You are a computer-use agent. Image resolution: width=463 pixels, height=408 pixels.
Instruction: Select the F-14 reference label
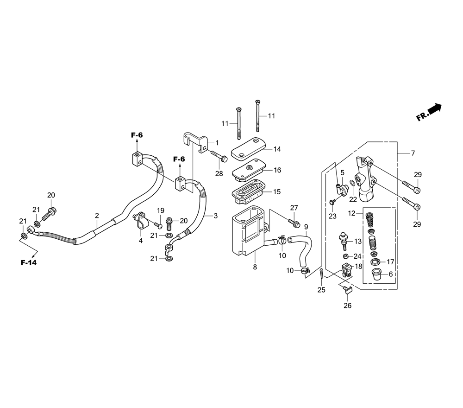coord(29,262)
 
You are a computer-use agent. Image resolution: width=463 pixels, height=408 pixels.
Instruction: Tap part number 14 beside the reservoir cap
coord(277,149)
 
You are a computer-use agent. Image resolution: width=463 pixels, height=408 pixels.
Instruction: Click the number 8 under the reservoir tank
coord(255,267)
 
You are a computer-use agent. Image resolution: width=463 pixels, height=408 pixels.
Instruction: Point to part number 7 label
coord(413,153)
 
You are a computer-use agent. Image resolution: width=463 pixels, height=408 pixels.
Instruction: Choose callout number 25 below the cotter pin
coord(321,290)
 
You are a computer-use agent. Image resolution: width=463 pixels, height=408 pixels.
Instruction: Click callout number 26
coord(348,306)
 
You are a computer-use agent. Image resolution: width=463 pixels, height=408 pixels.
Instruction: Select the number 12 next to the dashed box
coord(351,213)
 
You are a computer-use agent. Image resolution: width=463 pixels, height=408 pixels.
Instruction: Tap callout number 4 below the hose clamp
coord(141,241)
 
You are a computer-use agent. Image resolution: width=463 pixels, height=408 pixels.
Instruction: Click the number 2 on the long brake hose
coord(97,216)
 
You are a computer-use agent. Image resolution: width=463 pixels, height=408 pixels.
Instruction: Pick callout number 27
coord(294,208)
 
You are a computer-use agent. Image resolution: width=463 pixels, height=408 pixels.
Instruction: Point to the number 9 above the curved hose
coord(306,227)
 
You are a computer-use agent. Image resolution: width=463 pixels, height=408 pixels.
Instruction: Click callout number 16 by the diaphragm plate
coord(277,170)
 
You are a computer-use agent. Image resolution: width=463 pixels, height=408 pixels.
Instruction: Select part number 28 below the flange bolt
coord(219,173)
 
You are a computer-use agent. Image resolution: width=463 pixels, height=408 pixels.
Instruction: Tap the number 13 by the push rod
coord(357,241)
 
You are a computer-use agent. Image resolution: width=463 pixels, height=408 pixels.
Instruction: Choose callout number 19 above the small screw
coord(160,210)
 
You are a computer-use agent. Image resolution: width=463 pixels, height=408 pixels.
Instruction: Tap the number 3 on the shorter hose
coord(216,216)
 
